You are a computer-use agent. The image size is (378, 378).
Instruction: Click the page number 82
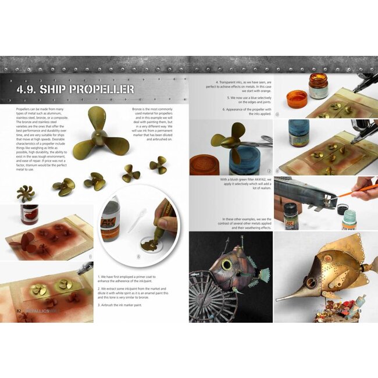19,311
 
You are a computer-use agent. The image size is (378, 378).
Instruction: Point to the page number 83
359,311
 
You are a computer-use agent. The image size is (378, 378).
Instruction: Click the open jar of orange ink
318,86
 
